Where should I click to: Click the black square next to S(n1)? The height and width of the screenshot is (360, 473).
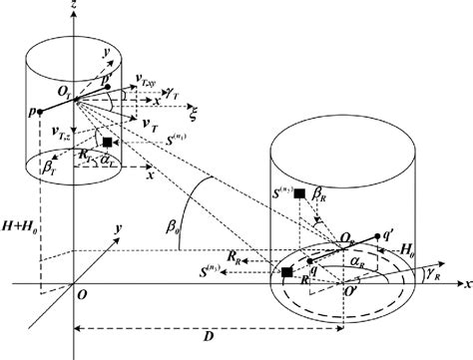122,144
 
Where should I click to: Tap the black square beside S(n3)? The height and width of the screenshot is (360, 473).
287,270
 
